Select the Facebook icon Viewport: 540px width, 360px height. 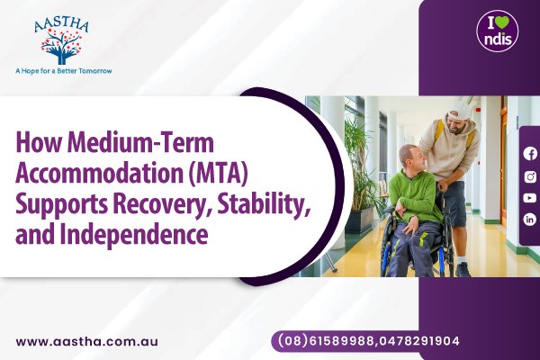click(530, 153)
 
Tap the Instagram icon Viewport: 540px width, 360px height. click(530, 175)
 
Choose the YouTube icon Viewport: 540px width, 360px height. click(530, 197)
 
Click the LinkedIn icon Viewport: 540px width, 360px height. click(530, 219)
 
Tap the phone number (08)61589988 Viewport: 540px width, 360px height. click(320, 341)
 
